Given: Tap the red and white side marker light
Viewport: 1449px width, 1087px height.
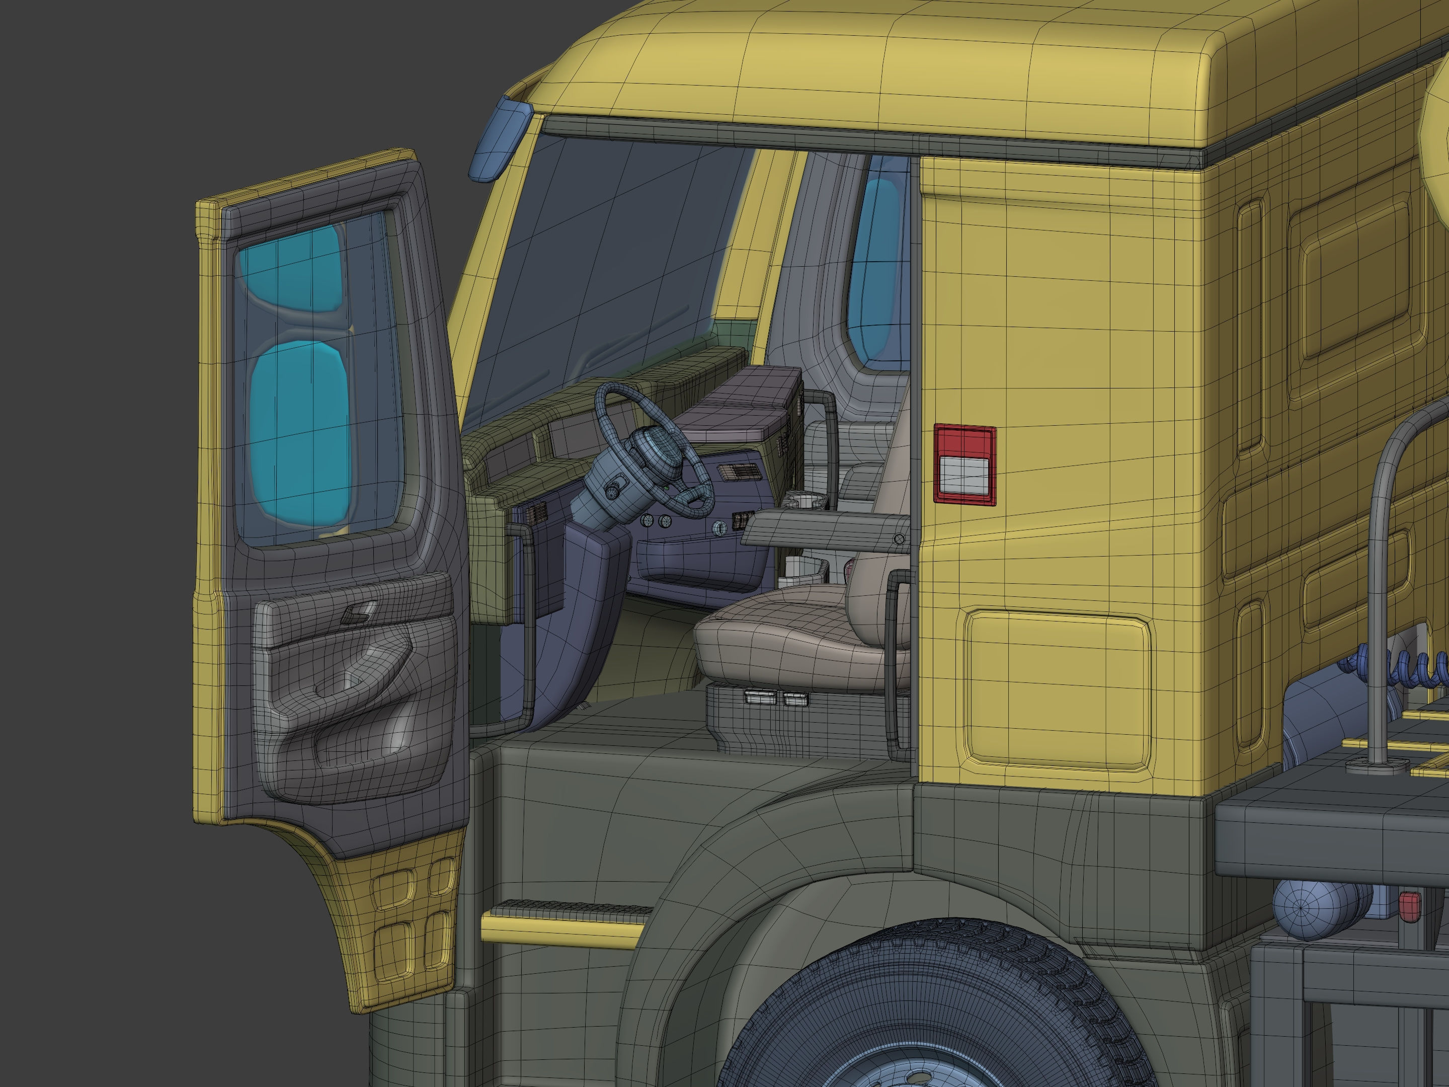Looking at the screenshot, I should [964, 464].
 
